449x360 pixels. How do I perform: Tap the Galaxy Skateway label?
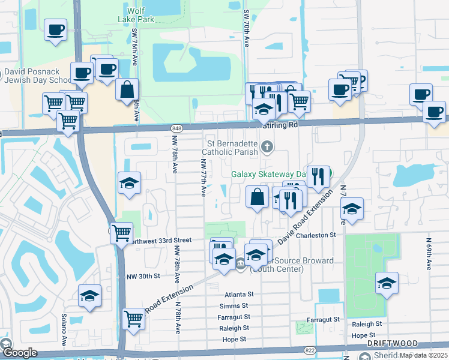pos(265,174)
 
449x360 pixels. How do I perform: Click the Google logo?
pos(19,353)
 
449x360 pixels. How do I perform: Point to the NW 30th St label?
pos(144,276)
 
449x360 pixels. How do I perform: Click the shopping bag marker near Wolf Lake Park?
pos(127,91)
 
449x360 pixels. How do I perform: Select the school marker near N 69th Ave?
pos(387,284)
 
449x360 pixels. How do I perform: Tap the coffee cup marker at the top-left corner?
pos(55,29)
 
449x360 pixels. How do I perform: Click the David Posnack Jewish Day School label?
pos(36,76)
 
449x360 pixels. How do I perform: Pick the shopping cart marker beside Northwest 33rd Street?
pos(122,232)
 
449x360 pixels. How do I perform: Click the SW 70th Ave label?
pos(246,29)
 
